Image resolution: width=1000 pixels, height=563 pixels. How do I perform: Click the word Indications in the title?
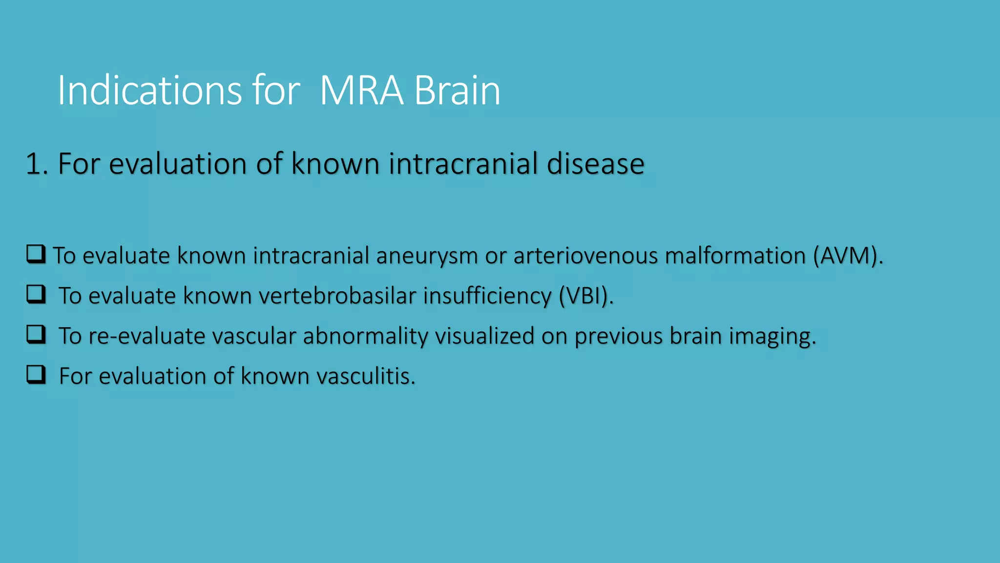click(149, 90)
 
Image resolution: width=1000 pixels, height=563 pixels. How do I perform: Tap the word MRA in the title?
click(361, 90)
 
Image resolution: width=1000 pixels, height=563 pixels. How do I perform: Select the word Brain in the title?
click(457, 90)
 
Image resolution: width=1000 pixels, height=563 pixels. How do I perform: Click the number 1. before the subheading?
click(37, 164)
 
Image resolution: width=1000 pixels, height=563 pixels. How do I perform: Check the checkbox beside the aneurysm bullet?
click(36, 254)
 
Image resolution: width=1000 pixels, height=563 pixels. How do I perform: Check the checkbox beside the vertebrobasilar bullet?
click(36, 294)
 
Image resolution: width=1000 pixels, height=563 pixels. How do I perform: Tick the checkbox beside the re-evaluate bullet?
click(36, 334)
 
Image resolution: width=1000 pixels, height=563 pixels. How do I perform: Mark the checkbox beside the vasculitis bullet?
click(36, 374)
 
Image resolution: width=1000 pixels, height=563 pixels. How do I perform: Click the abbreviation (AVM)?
click(848, 256)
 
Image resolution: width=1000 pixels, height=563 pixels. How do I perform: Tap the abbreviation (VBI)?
click(586, 296)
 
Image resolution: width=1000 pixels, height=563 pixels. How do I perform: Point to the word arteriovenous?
click(585, 256)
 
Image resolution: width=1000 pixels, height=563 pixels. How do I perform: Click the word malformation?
click(735, 256)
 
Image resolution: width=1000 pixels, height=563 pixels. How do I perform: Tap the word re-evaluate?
click(147, 336)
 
